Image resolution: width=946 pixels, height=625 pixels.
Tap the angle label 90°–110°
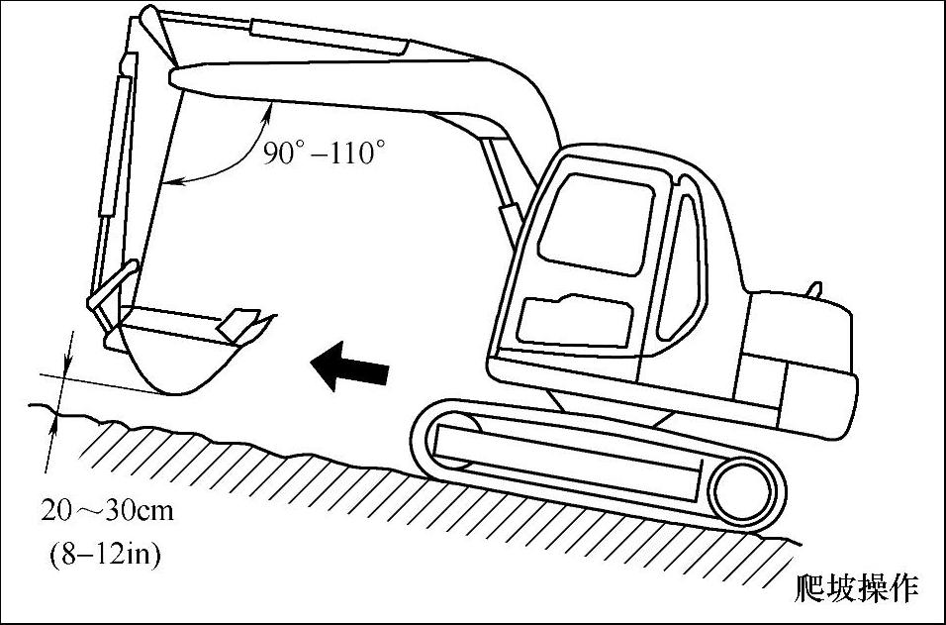323,154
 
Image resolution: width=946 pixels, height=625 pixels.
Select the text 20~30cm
107,511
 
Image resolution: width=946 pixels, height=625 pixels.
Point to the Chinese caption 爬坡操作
857,588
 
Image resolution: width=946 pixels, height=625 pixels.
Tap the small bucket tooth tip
238,322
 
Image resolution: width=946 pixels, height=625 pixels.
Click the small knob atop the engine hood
814,290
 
